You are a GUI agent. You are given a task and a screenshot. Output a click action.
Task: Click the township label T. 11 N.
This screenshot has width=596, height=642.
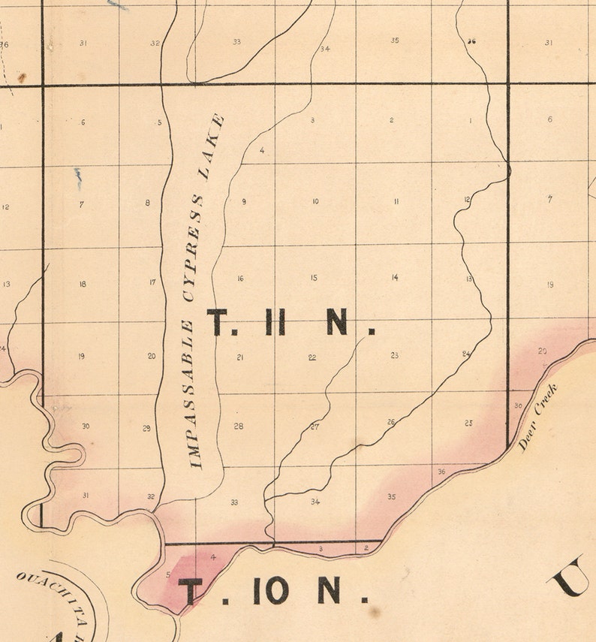tap(290, 323)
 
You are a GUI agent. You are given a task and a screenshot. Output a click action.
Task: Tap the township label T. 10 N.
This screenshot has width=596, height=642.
tap(274, 591)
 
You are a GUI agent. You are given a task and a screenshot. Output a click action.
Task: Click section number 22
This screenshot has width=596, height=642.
tap(312, 357)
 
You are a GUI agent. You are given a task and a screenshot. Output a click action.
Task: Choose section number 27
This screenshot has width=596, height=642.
tap(315, 427)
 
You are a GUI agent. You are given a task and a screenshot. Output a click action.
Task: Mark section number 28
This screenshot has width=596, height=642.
tap(239, 426)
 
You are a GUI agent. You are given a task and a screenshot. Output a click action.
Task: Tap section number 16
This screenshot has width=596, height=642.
tap(240, 279)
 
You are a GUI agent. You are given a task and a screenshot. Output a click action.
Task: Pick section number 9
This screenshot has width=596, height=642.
tap(244, 201)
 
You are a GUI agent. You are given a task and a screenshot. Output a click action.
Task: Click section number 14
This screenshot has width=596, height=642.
tap(394, 278)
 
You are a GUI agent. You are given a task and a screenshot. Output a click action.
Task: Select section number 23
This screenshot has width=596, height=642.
tap(394, 355)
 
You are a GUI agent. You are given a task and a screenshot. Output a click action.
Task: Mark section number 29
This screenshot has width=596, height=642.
tap(147, 428)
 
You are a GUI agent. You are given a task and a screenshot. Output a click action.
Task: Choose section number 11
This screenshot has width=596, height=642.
tap(396, 201)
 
